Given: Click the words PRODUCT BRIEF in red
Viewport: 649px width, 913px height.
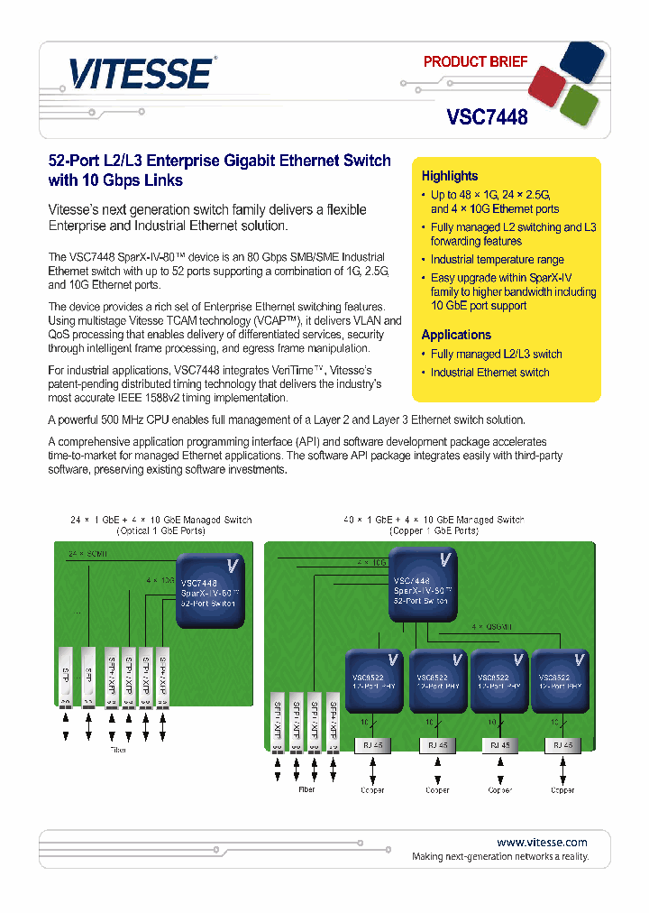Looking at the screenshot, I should coord(475,62).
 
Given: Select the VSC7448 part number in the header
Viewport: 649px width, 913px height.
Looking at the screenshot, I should coord(487,116).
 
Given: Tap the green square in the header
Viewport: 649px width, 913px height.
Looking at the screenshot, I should coord(580,105).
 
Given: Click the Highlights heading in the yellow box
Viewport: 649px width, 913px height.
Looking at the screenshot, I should coord(450,176).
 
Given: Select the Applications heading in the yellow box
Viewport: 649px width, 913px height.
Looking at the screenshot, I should coord(456,335).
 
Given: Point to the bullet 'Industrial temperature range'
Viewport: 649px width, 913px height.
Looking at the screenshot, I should coord(497,260).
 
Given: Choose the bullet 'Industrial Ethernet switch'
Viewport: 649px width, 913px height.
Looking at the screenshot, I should coord(489,373).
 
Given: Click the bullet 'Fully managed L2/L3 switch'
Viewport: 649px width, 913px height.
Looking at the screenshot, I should coord(496,354).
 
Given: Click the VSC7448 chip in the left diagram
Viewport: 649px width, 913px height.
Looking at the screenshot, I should coord(210,592).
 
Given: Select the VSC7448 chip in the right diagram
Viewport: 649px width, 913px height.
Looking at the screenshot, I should coord(424,586).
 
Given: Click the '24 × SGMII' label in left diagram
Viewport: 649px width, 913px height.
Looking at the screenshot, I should coord(87,553).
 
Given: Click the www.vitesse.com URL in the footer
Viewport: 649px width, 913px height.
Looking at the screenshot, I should coord(542,842).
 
